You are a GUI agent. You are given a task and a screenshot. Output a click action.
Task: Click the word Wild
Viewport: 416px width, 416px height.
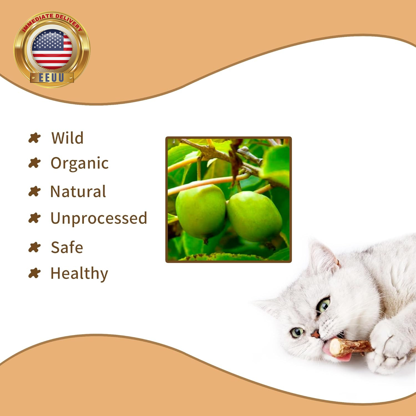click(x=67, y=138)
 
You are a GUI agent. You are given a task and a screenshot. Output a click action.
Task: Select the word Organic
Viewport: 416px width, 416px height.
click(x=80, y=163)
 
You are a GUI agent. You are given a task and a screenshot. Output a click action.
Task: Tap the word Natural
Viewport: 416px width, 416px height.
click(x=78, y=191)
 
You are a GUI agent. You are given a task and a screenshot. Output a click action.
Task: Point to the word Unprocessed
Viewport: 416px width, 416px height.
click(x=99, y=218)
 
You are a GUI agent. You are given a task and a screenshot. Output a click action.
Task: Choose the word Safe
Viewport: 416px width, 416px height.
click(x=67, y=247)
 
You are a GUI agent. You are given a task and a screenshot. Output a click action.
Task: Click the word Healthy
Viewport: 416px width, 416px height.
click(x=79, y=274)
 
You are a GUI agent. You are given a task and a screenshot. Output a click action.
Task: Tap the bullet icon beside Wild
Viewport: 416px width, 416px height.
click(x=35, y=138)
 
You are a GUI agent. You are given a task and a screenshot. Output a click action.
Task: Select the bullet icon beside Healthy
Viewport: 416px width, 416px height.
click(x=35, y=273)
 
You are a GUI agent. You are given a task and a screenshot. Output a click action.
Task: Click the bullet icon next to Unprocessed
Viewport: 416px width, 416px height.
click(x=35, y=218)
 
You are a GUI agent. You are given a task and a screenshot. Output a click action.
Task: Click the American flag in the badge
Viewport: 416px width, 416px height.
click(x=52, y=49)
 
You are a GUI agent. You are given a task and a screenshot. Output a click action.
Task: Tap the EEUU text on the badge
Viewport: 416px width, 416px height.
click(x=52, y=78)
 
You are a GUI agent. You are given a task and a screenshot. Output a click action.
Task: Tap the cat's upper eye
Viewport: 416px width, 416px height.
click(x=323, y=305)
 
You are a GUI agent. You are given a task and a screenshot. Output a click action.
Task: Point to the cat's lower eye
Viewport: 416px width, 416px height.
click(x=297, y=332)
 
